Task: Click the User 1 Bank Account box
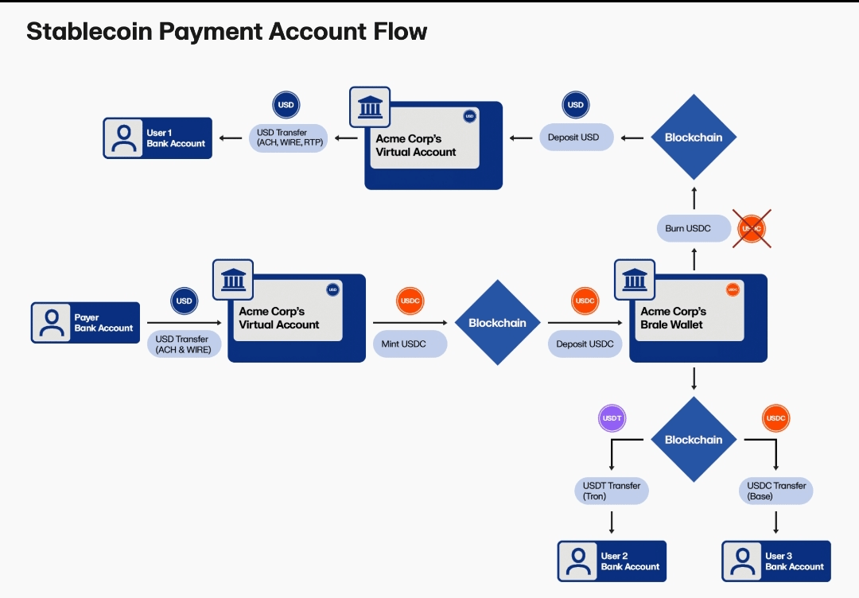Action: pos(158,138)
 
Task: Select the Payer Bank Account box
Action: pos(85,323)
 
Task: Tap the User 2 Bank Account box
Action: pos(612,561)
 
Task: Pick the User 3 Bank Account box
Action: pos(775,561)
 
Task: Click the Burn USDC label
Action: pos(689,228)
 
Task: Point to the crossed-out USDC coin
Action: pos(749,229)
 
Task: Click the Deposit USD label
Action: pos(574,137)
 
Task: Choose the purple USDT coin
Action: pos(612,418)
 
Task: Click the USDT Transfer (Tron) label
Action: pos(611,491)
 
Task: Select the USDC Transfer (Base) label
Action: pos(776,491)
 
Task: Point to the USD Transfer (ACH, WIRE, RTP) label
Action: pos(288,138)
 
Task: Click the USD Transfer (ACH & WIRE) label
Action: pos(184,344)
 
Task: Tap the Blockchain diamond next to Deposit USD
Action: pos(694,137)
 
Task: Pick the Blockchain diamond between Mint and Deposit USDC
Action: pos(498,323)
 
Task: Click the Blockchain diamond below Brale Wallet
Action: pos(694,440)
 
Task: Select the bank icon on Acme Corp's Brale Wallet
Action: pos(634,279)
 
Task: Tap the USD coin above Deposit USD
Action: pos(575,105)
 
